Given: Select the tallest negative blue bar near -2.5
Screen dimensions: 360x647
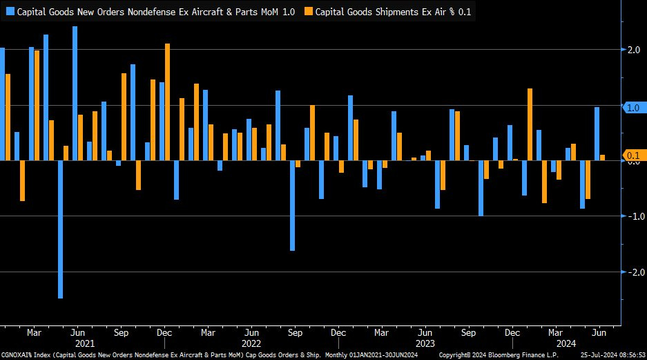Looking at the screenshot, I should pyautogui.click(x=60, y=229).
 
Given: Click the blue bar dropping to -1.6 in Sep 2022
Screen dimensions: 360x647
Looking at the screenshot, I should pyautogui.click(x=292, y=205).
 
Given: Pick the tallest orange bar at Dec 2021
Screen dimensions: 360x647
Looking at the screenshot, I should pyautogui.click(x=167, y=102).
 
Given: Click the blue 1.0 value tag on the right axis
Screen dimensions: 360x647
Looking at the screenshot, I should pyautogui.click(x=634, y=108).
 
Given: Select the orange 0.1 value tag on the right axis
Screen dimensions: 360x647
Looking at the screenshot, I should pyautogui.click(x=634, y=155).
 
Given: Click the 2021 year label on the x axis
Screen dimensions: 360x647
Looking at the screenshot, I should pyautogui.click(x=84, y=343).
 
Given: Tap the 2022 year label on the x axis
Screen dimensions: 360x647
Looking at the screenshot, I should pyautogui.click(x=251, y=343).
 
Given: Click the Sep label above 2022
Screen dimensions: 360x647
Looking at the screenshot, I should pyautogui.click(x=294, y=332).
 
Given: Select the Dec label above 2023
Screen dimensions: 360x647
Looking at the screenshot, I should pyautogui.click(x=512, y=332).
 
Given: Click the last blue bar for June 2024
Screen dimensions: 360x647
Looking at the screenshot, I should pyautogui.click(x=597, y=133).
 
